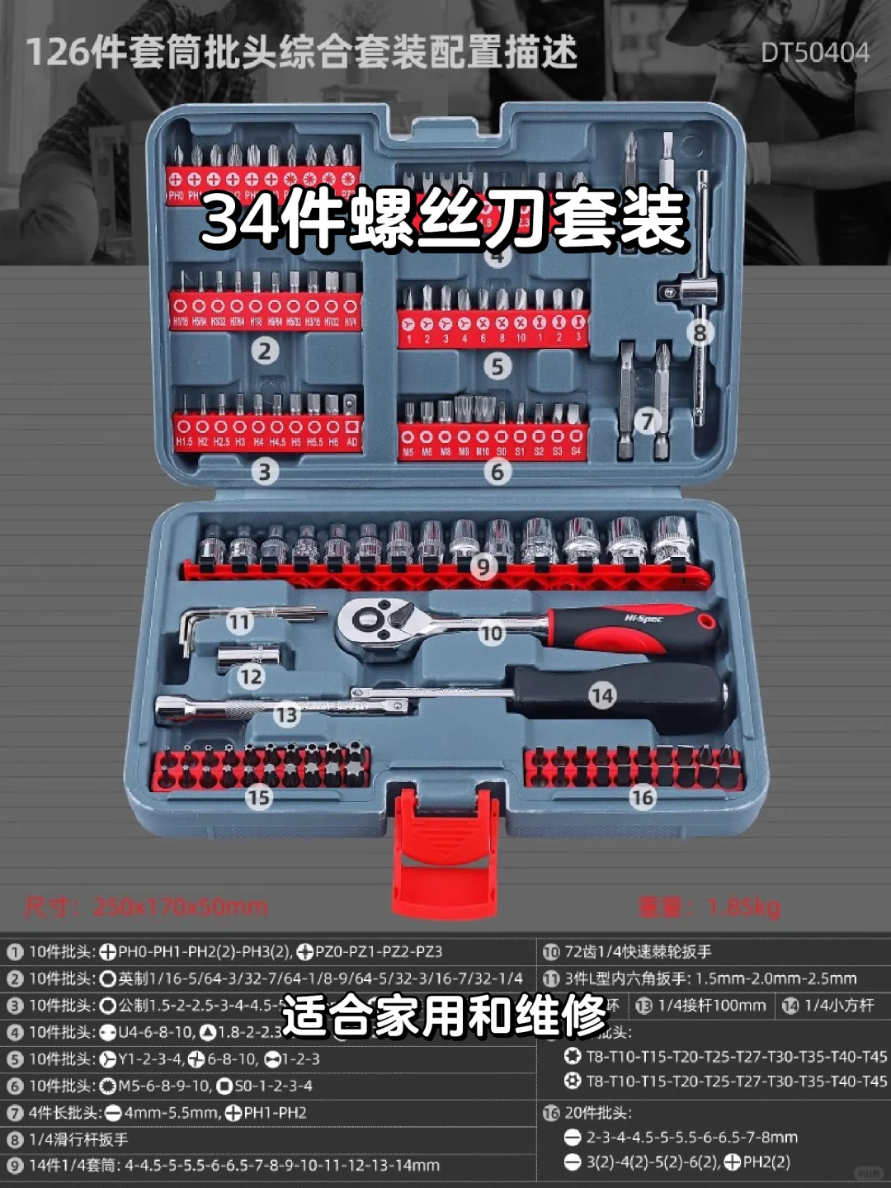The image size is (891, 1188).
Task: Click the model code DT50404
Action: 814,53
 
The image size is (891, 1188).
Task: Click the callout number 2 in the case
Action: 265,351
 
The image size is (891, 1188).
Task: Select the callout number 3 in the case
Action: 265,472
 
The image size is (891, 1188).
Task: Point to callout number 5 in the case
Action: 497,366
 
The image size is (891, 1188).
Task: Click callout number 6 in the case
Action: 497,472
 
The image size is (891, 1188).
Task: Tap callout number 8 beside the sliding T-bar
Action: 700,333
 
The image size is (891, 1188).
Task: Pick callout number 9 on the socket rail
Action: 483,566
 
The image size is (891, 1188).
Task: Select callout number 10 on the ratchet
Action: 491,634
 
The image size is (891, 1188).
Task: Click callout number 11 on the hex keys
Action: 239,621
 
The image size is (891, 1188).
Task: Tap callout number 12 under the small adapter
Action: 251,677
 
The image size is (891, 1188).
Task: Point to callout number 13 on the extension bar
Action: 286,714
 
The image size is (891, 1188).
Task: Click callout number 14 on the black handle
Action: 602,696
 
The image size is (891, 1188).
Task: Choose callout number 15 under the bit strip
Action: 258,797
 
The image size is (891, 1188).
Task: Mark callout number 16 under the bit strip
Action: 642,797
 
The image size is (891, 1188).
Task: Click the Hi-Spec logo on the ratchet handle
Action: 643,619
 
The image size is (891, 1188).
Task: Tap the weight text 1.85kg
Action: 709,907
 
